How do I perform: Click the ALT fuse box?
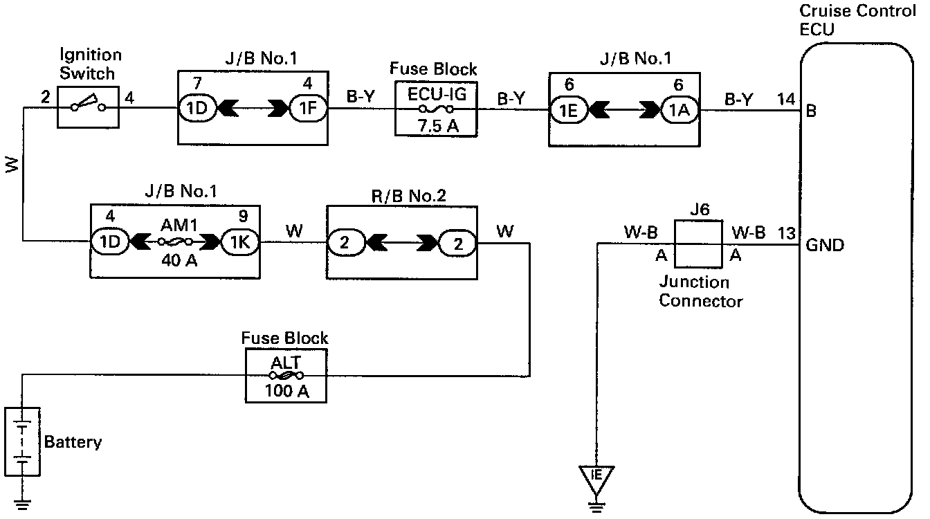[x=285, y=375]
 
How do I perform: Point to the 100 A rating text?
[x=285, y=392]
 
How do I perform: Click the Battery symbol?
[x=23, y=441]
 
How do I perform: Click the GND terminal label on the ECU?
[x=825, y=245]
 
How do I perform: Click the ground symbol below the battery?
[x=23, y=503]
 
